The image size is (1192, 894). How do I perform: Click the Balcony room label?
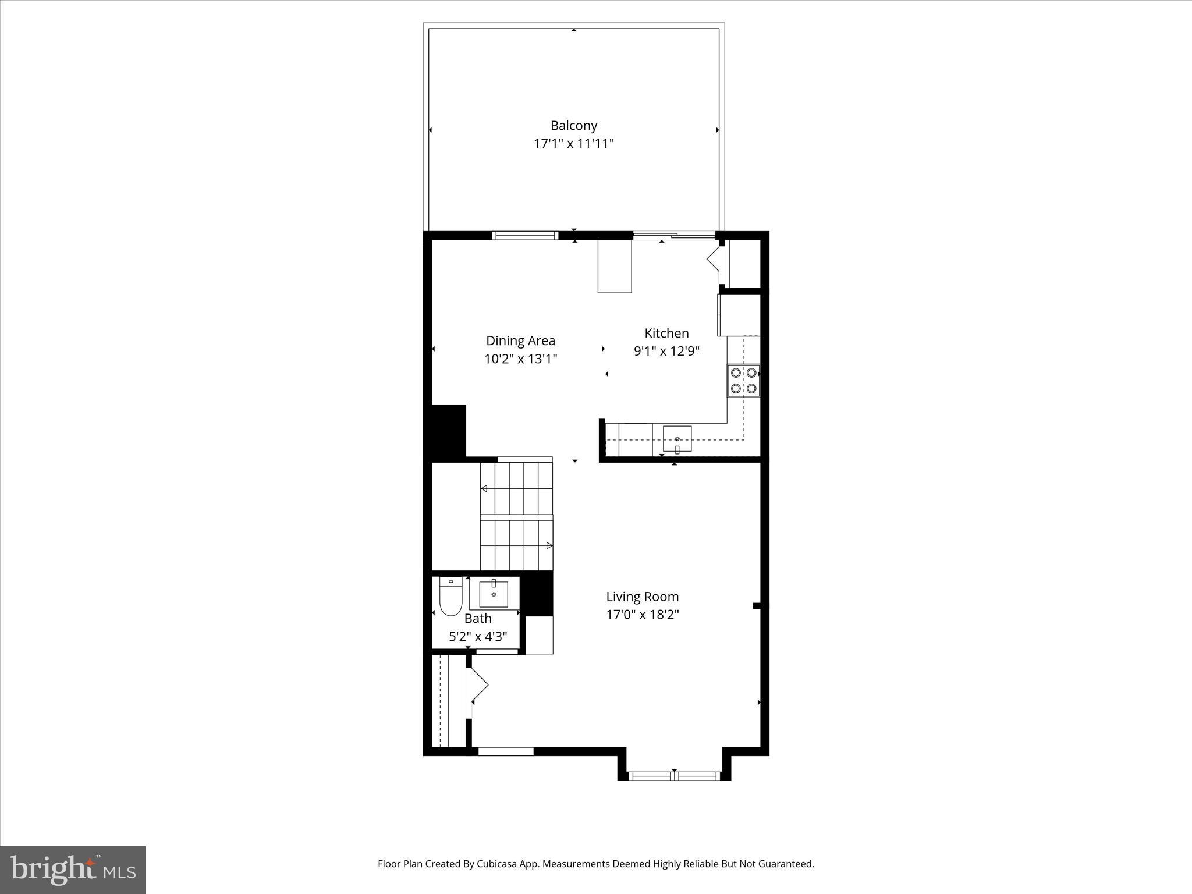pos(574,125)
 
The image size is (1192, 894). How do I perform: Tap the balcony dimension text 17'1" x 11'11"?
pos(574,143)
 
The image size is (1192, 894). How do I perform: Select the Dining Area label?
pos(520,340)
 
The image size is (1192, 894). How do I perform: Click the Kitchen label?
pos(666,333)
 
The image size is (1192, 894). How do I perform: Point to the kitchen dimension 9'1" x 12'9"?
pos(666,351)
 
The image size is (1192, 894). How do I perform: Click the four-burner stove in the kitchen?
pos(743,381)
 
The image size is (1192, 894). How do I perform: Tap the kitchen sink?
pos(677,439)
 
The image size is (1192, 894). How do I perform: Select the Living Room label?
pos(642,596)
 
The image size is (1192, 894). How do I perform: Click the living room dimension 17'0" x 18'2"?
pos(642,614)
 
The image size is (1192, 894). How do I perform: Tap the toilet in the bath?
pos(450,597)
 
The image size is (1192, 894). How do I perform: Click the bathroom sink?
pos(494,594)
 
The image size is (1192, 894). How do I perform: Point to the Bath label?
pos(478,618)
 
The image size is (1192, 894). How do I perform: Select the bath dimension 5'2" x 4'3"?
pos(478,636)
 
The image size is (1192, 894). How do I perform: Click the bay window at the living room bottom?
pos(674,775)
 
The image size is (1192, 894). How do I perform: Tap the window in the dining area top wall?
pos(525,236)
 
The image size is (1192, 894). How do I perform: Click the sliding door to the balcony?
pos(674,236)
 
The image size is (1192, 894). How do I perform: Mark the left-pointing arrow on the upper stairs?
pos(484,488)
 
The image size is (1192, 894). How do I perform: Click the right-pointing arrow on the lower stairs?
pos(549,545)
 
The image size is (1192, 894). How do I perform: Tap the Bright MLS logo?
pos(73,870)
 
